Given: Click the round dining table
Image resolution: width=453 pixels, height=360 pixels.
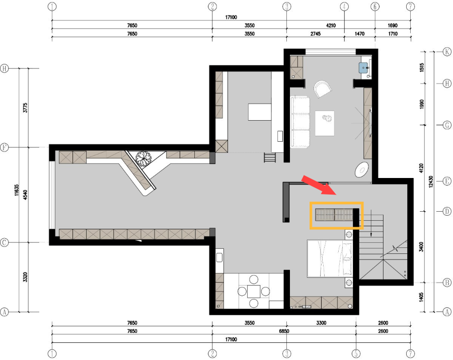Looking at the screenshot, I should [x=254, y=291].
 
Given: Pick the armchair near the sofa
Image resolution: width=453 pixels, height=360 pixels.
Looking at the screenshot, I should [x=323, y=90].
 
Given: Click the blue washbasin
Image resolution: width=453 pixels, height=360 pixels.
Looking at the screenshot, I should [x=365, y=67].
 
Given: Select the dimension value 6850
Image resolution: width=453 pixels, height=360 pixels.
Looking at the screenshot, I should [x=283, y=331].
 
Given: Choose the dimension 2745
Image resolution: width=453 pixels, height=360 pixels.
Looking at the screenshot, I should [x=315, y=34].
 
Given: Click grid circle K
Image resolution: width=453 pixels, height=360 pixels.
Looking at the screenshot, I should [x=446, y=52].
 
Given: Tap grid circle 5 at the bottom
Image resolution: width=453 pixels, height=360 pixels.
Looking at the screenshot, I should [x=356, y=353].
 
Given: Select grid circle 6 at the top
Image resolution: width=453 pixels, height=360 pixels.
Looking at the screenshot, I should [x=374, y=7].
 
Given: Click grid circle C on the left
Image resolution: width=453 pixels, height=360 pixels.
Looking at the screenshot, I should [x=5, y=243].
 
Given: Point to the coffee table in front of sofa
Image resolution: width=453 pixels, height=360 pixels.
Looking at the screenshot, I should [x=325, y=122].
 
